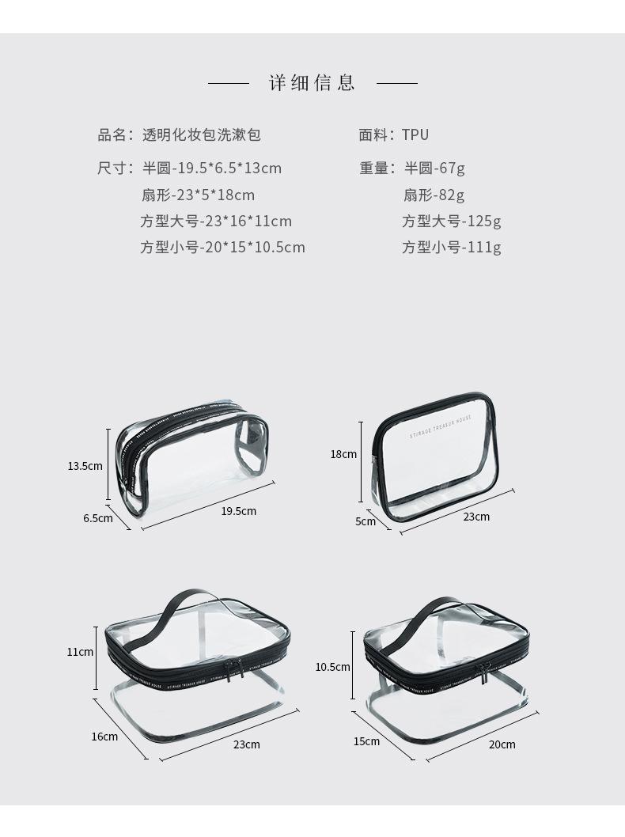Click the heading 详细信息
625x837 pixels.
pos(312,82)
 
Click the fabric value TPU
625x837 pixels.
pos(415,135)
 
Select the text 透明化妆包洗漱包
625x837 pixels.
pos(201,135)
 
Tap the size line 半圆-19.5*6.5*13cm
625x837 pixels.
pos(211,169)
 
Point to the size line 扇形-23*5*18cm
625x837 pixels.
pos(198,195)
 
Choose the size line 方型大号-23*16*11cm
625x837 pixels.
pos(216,222)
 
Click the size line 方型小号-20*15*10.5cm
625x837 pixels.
pos(222,248)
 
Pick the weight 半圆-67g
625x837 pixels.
pos(435,169)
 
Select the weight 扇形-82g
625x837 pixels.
pos(434,195)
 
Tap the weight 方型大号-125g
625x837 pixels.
pos(451,222)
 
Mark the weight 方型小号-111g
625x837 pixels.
pos(451,248)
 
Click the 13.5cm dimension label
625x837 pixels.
pos(85,466)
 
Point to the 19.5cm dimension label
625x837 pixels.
pos(238,511)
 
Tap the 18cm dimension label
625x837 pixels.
pos(343,454)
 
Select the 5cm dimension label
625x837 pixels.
pos(366,521)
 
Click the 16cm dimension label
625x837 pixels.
pos(104,737)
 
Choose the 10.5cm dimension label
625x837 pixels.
pos(332,667)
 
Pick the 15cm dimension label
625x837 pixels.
pos(366,741)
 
